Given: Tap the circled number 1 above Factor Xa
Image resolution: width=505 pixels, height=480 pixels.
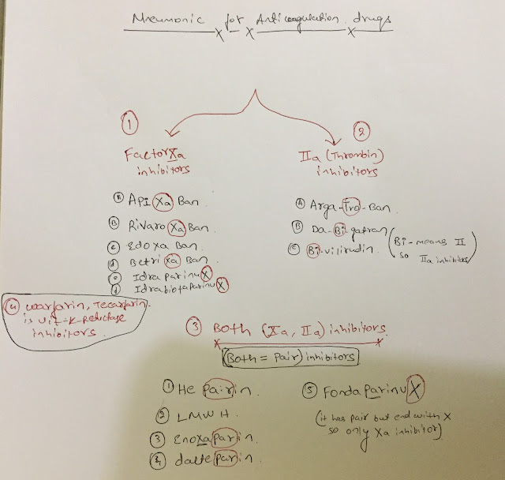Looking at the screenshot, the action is tap(131, 124).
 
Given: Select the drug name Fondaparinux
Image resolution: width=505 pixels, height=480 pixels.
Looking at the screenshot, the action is tap(364, 390).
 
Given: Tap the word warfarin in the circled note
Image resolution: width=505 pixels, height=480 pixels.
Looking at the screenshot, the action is tap(36, 307).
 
